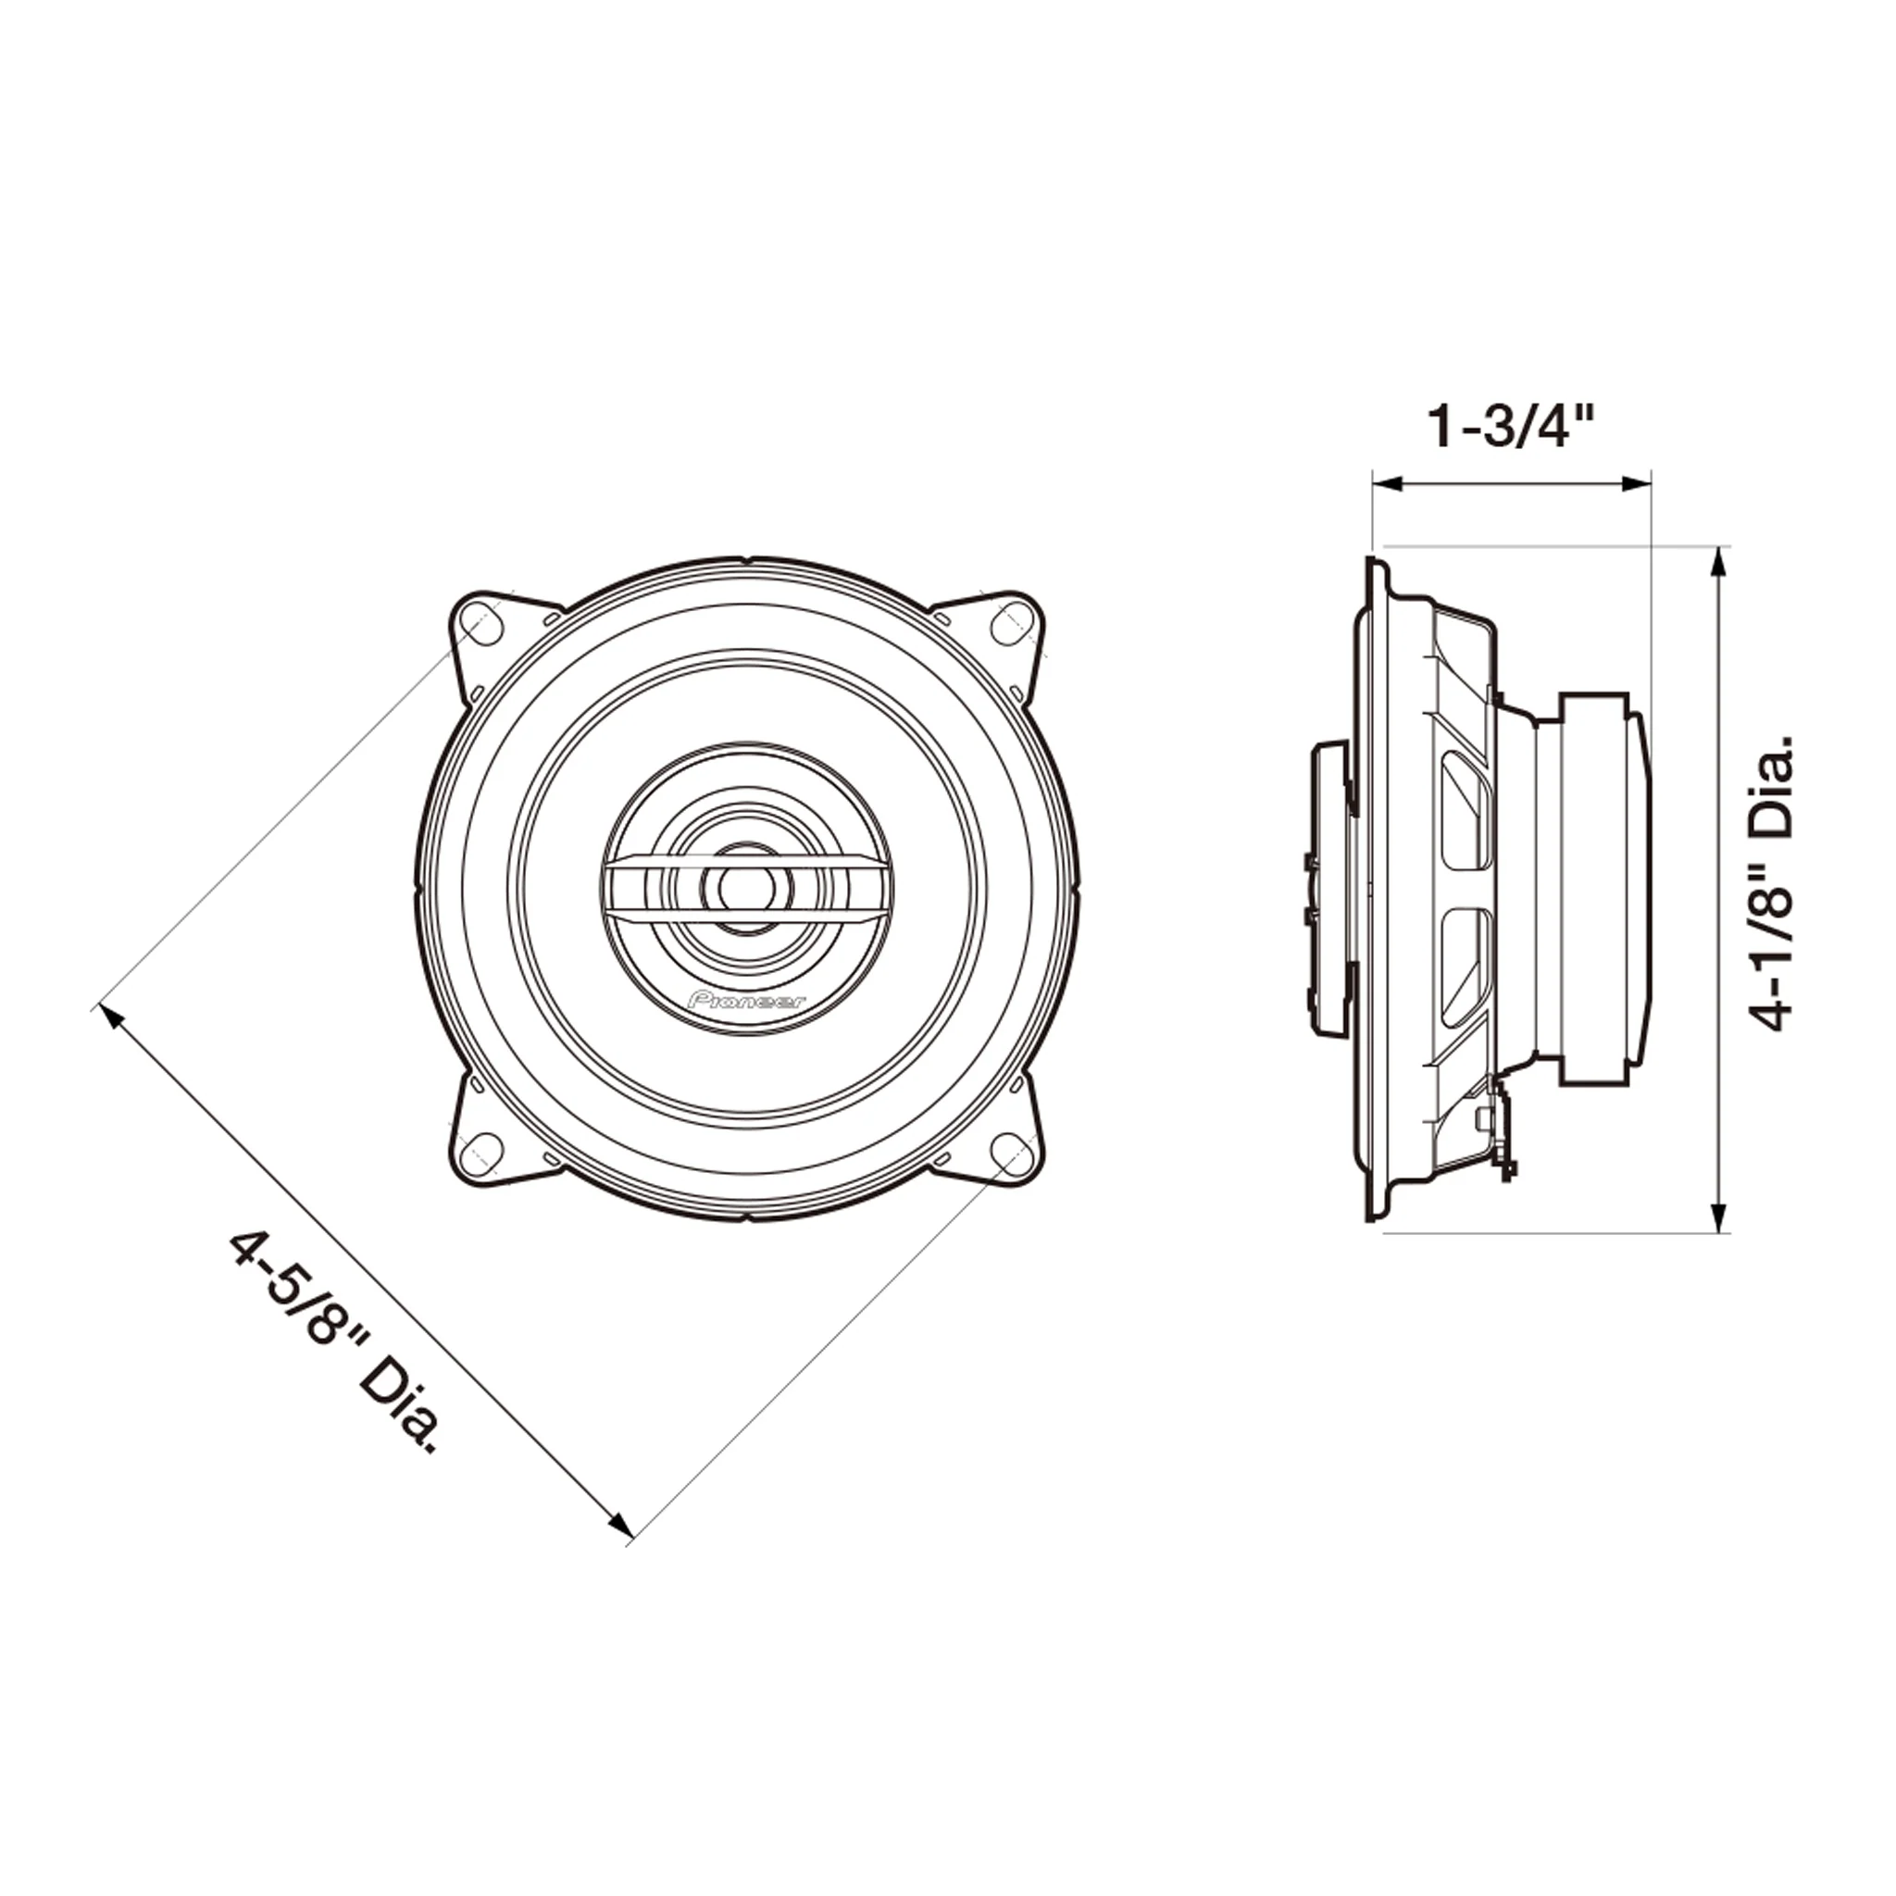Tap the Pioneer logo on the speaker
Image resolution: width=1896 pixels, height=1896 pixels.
pos(747,1001)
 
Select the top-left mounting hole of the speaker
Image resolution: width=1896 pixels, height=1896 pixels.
pos(481,625)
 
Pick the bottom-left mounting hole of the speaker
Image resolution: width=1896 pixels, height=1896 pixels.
pos(480,1151)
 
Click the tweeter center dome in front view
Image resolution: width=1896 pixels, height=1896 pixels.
pos(746,887)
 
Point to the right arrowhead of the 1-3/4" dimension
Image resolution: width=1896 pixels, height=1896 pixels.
pos(1637,483)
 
